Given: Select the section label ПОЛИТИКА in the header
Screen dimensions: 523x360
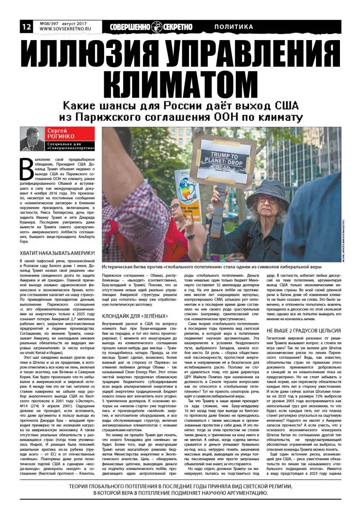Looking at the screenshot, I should [x=234, y=27].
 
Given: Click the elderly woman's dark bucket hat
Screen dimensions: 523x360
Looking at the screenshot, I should [x=268, y=188].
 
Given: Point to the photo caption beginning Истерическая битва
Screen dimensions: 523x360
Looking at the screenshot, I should [x=211, y=266].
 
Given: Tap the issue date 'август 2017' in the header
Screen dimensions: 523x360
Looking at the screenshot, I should [x=80, y=23].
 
